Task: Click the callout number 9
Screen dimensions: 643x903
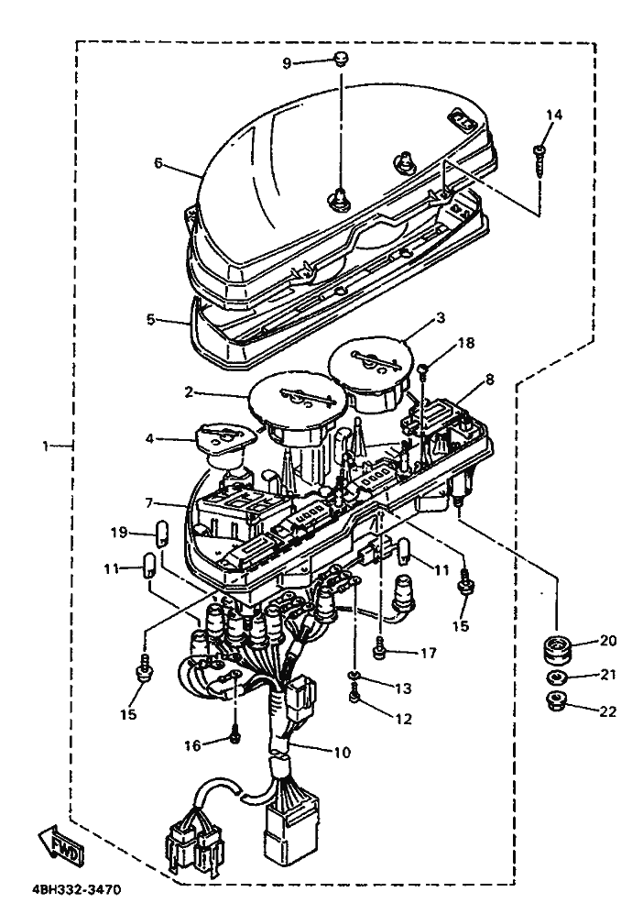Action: pos(288,63)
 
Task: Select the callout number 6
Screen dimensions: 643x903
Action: pos(158,163)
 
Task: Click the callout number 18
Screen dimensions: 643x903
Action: pos(466,343)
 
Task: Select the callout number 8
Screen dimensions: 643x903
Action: pos(489,380)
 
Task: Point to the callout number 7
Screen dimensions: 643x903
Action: pos(149,502)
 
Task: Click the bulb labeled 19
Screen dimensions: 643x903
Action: pos(163,534)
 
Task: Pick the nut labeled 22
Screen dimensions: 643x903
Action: pos(556,701)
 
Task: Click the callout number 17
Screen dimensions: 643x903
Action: pos(429,653)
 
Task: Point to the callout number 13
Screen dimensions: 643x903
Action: pos(404,688)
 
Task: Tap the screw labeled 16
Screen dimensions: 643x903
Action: pos(235,736)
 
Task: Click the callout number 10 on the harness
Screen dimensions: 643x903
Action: pos(342,752)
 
